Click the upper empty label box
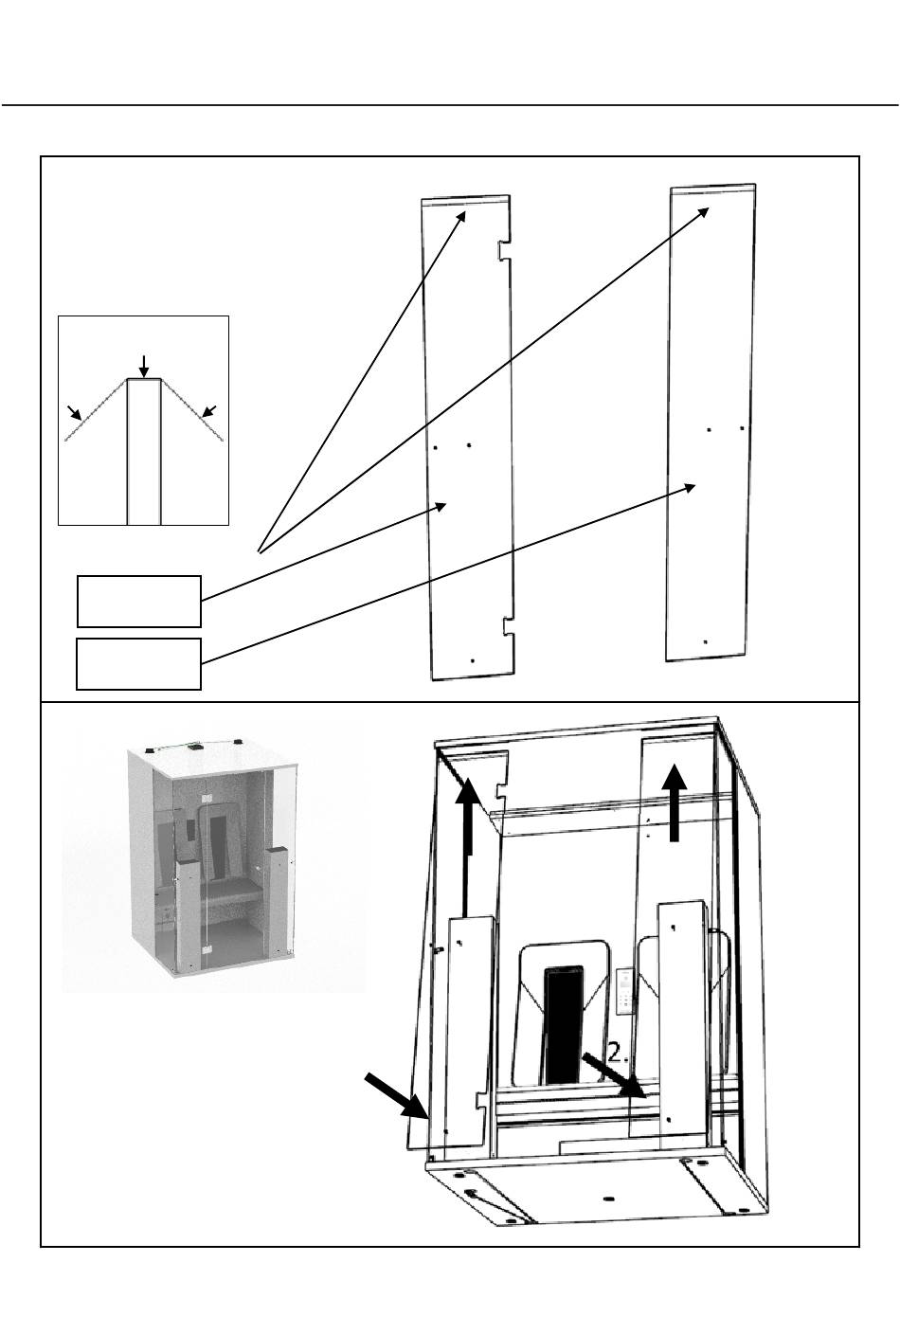click(x=138, y=601)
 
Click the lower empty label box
click(x=138, y=663)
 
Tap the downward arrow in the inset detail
click(x=143, y=365)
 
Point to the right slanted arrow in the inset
click(x=210, y=410)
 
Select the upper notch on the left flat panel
click(x=503, y=250)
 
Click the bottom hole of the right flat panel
click(x=705, y=641)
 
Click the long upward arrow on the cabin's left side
click(x=466, y=834)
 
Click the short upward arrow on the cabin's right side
click(x=675, y=803)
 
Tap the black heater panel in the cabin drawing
click(x=563, y=1023)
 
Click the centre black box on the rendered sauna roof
click(x=196, y=747)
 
